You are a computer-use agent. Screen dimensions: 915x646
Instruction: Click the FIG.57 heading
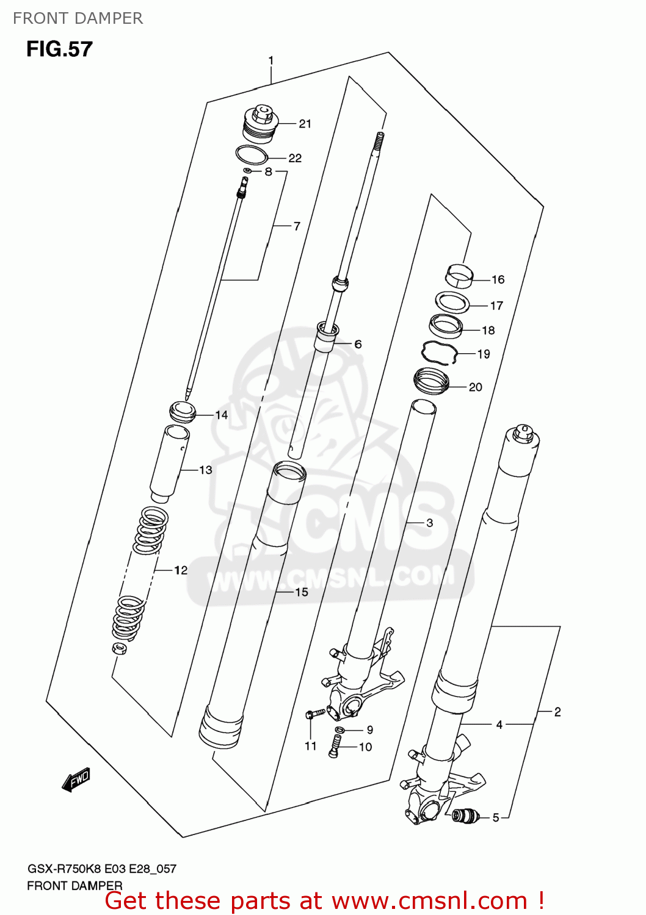point(59,49)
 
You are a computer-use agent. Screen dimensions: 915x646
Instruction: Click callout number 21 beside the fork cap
point(305,124)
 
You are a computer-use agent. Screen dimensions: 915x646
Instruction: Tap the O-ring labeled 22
point(252,156)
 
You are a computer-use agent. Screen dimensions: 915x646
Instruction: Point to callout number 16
point(498,279)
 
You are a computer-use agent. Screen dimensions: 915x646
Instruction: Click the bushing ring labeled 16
point(460,275)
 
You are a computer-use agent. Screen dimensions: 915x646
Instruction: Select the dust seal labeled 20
point(432,382)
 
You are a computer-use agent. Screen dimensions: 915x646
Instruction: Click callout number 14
point(221,415)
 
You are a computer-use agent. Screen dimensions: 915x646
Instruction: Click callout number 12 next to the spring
point(181,570)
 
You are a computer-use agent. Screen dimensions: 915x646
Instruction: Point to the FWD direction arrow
point(76,780)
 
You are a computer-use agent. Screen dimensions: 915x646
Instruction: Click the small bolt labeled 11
point(313,714)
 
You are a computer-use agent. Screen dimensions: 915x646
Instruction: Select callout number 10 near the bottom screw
point(365,747)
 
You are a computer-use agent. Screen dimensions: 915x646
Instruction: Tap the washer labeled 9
point(340,730)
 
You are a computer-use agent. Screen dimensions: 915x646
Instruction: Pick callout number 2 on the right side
point(557,711)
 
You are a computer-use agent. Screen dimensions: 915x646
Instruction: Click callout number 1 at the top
point(270,61)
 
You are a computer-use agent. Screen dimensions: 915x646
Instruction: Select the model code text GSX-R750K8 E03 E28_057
point(101,869)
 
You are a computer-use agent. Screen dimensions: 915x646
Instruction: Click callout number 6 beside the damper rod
point(358,344)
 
